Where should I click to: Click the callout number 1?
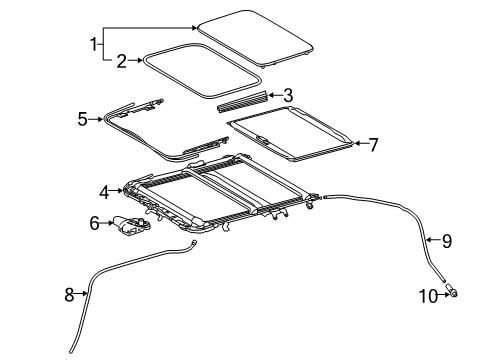(x=95, y=44)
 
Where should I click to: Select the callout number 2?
(x=121, y=61)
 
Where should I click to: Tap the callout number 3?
(x=288, y=96)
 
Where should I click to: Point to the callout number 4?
(x=104, y=192)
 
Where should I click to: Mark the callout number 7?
(x=373, y=144)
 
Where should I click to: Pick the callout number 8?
(x=69, y=294)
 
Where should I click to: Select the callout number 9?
(x=447, y=239)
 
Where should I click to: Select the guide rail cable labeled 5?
(x=150, y=140)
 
